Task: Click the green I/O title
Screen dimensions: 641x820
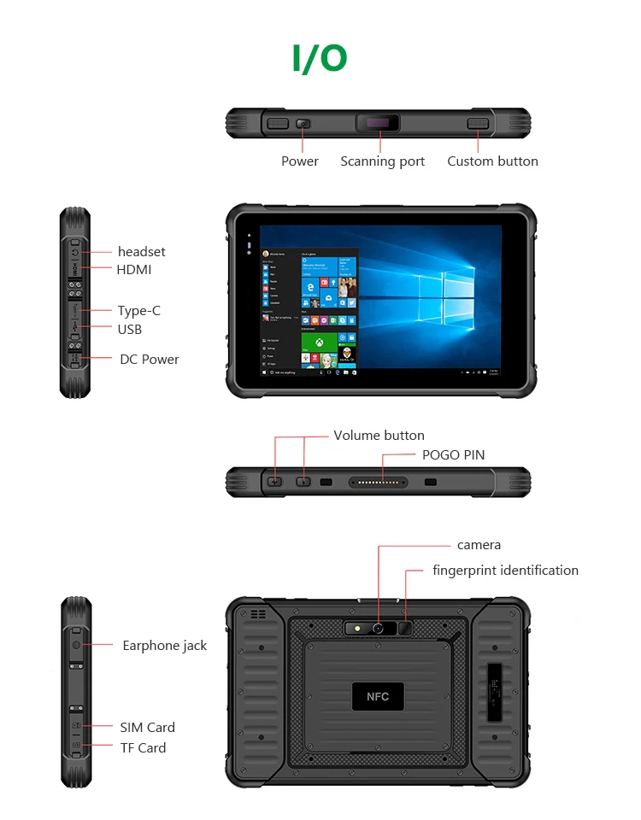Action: pyautogui.click(x=320, y=58)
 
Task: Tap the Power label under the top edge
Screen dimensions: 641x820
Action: pyautogui.click(x=300, y=161)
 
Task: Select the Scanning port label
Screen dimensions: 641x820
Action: pyautogui.click(x=382, y=161)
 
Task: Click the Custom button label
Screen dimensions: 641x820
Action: pyautogui.click(x=492, y=161)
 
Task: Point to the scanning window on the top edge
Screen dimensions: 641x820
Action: pyautogui.click(x=377, y=125)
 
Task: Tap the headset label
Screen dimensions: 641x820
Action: pyautogui.click(x=141, y=251)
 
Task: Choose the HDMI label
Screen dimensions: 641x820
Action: pyautogui.click(x=134, y=269)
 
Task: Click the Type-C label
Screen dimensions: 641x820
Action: pyautogui.click(x=139, y=310)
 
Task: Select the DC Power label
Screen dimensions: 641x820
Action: pyautogui.click(x=150, y=359)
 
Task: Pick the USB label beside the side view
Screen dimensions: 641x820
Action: pyautogui.click(x=130, y=329)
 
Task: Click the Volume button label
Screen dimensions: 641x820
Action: pyautogui.click(x=379, y=435)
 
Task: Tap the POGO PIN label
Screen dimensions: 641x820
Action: pyautogui.click(x=453, y=454)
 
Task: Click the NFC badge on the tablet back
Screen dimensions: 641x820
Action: pyautogui.click(x=378, y=696)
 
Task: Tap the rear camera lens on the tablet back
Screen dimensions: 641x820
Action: pyautogui.click(x=377, y=629)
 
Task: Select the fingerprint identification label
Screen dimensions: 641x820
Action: pyautogui.click(x=505, y=570)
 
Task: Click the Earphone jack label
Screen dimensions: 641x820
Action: pyautogui.click(x=164, y=645)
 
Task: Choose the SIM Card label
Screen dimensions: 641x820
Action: pyautogui.click(x=147, y=727)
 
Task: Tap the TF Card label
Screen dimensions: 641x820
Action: pyautogui.click(x=143, y=747)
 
